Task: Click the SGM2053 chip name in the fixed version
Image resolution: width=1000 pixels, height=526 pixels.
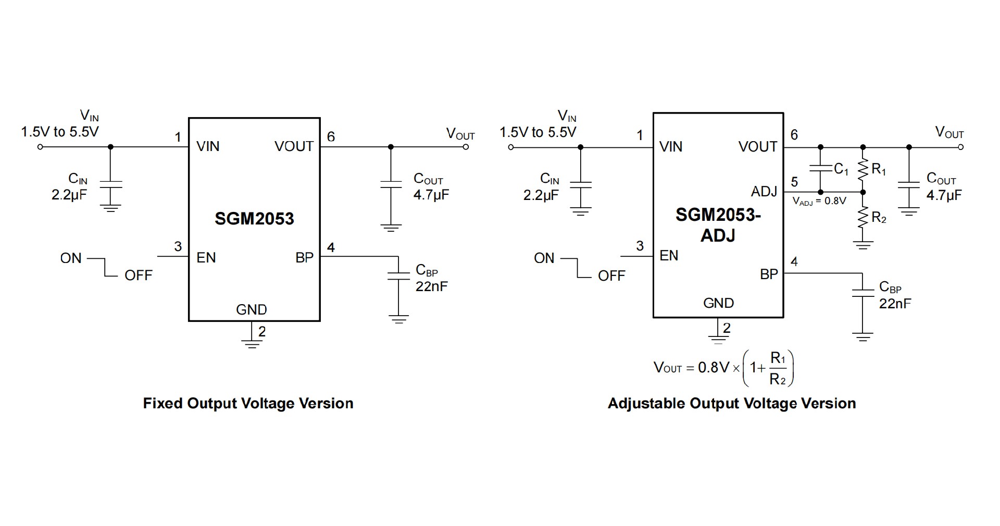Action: pyautogui.click(x=254, y=219)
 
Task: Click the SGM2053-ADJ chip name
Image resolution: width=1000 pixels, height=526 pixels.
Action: pyautogui.click(x=718, y=225)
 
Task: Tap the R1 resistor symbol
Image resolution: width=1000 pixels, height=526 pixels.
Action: pyautogui.click(x=863, y=170)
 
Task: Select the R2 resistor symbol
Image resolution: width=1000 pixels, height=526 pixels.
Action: pyautogui.click(x=863, y=218)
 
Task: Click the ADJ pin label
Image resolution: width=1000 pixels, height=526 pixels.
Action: pyautogui.click(x=764, y=192)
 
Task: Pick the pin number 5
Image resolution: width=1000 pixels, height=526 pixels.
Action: pyautogui.click(x=794, y=182)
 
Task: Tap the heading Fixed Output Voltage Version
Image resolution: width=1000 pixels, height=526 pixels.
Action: pyautogui.click(x=248, y=404)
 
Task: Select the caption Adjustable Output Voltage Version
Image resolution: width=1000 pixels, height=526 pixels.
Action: pyautogui.click(x=732, y=404)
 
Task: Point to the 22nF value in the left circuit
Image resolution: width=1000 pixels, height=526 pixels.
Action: pyautogui.click(x=431, y=286)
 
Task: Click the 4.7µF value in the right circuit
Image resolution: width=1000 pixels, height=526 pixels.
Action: pyautogui.click(x=944, y=196)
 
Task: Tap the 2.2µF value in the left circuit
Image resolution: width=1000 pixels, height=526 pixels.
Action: pyautogui.click(x=69, y=196)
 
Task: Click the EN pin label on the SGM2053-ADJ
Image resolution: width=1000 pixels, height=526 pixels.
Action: pyautogui.click(x=669, y=256)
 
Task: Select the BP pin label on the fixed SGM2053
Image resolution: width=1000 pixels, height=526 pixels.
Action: pyautogui.click(x=304, y=258)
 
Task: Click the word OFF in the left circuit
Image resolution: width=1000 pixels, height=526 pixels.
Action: pyautogui.click(x=138, y=275)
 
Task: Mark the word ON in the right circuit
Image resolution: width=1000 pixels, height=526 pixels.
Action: pyautogui.click(x=544, y=258)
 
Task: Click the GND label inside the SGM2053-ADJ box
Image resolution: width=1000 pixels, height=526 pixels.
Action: pyautogui.click(x=718, y=303)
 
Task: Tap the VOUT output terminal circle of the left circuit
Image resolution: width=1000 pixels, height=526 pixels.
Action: pyautogui.click(x=466, y=147)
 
